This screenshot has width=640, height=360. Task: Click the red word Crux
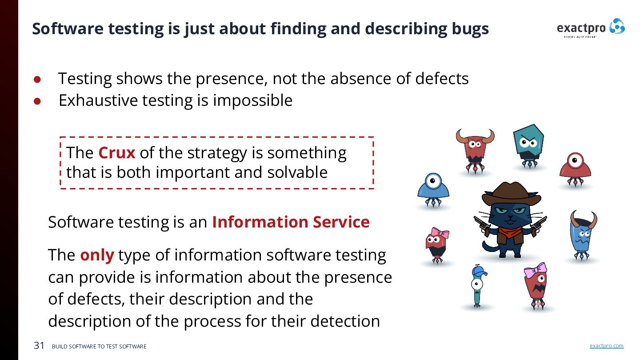(116, 153)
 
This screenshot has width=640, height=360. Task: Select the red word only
(97, 255)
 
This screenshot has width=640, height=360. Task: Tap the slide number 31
(39, 346)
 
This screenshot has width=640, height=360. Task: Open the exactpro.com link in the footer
(606, 346)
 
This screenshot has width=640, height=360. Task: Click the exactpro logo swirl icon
(617, 27)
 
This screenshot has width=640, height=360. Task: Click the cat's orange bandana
(510, 232)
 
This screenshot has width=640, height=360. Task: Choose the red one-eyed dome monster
(575, 166)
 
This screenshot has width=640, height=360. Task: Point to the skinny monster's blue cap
(479, 271)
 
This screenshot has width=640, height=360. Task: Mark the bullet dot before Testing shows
(37, 80)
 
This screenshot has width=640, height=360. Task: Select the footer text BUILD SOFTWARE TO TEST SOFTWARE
(99, 347)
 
